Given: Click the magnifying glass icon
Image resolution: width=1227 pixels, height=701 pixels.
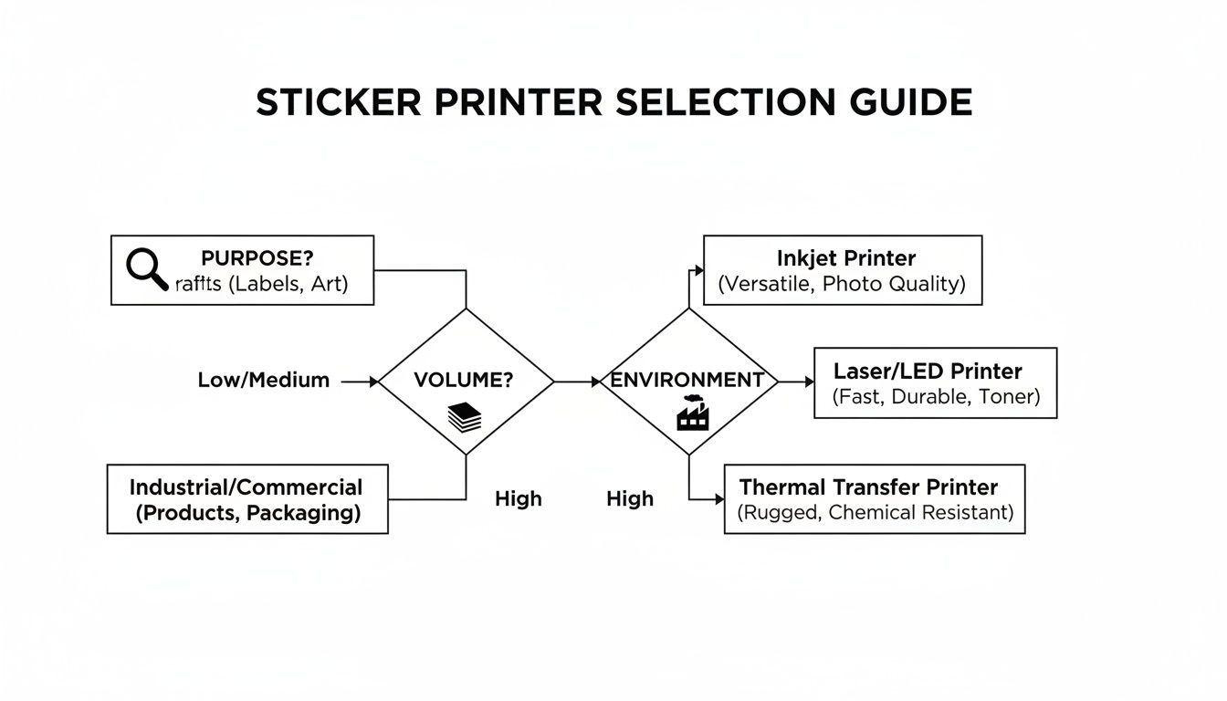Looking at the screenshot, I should [147, 269].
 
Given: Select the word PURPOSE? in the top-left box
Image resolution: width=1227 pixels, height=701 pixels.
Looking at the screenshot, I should [257, 258].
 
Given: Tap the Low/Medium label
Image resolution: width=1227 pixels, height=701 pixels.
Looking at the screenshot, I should [263, 381].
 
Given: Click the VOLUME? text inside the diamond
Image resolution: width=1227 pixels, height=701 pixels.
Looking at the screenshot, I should [464, 381].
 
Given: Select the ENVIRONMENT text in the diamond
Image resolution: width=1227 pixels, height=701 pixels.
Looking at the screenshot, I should [687, 381].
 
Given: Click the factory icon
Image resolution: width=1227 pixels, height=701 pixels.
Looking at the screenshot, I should [689, 415].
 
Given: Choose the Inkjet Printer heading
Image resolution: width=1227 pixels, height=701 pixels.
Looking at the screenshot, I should [845, 258].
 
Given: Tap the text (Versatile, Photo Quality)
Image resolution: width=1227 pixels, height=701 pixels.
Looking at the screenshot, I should [841, 284].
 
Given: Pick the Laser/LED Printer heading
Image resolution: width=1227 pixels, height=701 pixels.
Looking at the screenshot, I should [927, 371].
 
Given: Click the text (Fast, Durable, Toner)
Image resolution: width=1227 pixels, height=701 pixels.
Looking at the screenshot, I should [936, 397].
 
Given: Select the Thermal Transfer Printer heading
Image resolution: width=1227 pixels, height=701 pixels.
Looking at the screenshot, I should [868, 487].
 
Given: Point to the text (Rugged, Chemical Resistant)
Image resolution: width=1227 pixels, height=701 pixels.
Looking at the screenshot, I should [875, 513].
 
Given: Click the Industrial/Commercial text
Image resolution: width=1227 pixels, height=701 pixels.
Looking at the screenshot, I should [246, 487].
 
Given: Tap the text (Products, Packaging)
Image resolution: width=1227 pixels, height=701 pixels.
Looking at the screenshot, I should [247, 513].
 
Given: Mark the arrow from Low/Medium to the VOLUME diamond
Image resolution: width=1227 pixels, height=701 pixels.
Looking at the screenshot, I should [360, 382].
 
